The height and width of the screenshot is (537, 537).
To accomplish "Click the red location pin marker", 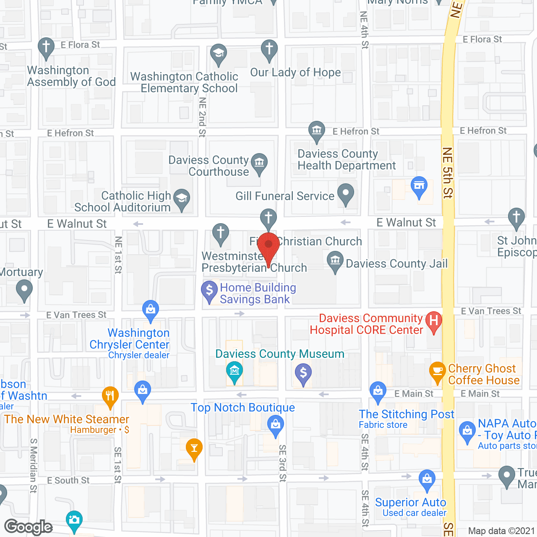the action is pyautogui.click(x=268, y=245).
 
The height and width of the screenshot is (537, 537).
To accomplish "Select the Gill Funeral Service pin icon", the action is pyautogui.click(x=346, y=194).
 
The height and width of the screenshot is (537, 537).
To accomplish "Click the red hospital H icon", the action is pyautogui.click(x=434, y=321).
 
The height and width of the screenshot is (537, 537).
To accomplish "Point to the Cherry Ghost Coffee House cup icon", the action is pyautogui.click(x=437, y=371).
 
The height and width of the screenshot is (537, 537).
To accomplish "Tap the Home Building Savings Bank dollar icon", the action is pyautogui.click(x=209, y=290).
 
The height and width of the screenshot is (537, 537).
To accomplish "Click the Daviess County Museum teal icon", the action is pyautogui.click(x=234, y=371).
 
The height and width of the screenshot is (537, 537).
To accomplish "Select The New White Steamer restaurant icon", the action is pyautogui.click(x=110, y=396).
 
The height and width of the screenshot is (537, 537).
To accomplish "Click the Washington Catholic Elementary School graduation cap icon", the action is pyautogui.click(x=218, y=54).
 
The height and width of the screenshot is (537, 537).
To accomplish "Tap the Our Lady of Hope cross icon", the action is pyautogui.click(x=269, y=50).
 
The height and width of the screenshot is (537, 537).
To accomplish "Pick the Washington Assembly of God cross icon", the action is pyautogui.click(x=46, y=47).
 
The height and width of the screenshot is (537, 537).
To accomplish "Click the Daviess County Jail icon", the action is pyautogui.click(x=335, y=261).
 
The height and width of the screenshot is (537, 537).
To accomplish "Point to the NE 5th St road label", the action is pyautogui.click(x=448, y=172).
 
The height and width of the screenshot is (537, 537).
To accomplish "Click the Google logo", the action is pyautogui.click(x=29, y=527).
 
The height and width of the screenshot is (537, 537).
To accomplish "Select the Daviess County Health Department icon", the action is pyautogui.click(x=317, y=130).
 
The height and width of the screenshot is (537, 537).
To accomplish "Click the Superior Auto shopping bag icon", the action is pyautogui.click(x=427, y=479).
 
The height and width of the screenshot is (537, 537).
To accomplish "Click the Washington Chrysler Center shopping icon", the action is pyautogui.click(x=150, y=310).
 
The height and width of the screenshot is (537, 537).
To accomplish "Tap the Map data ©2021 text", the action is pyautogui.click(x=501, y=531).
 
